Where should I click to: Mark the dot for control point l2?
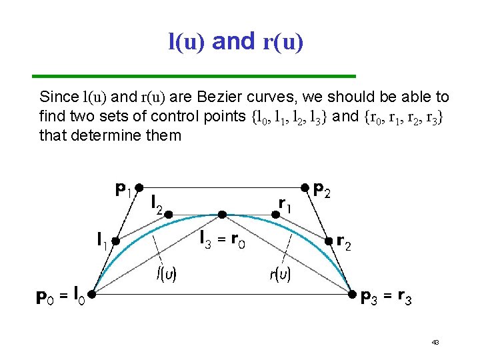169,215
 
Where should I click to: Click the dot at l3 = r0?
222,215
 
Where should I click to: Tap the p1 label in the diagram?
122,191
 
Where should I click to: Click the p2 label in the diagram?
323,191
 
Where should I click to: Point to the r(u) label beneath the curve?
280,273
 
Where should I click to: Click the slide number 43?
435,342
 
